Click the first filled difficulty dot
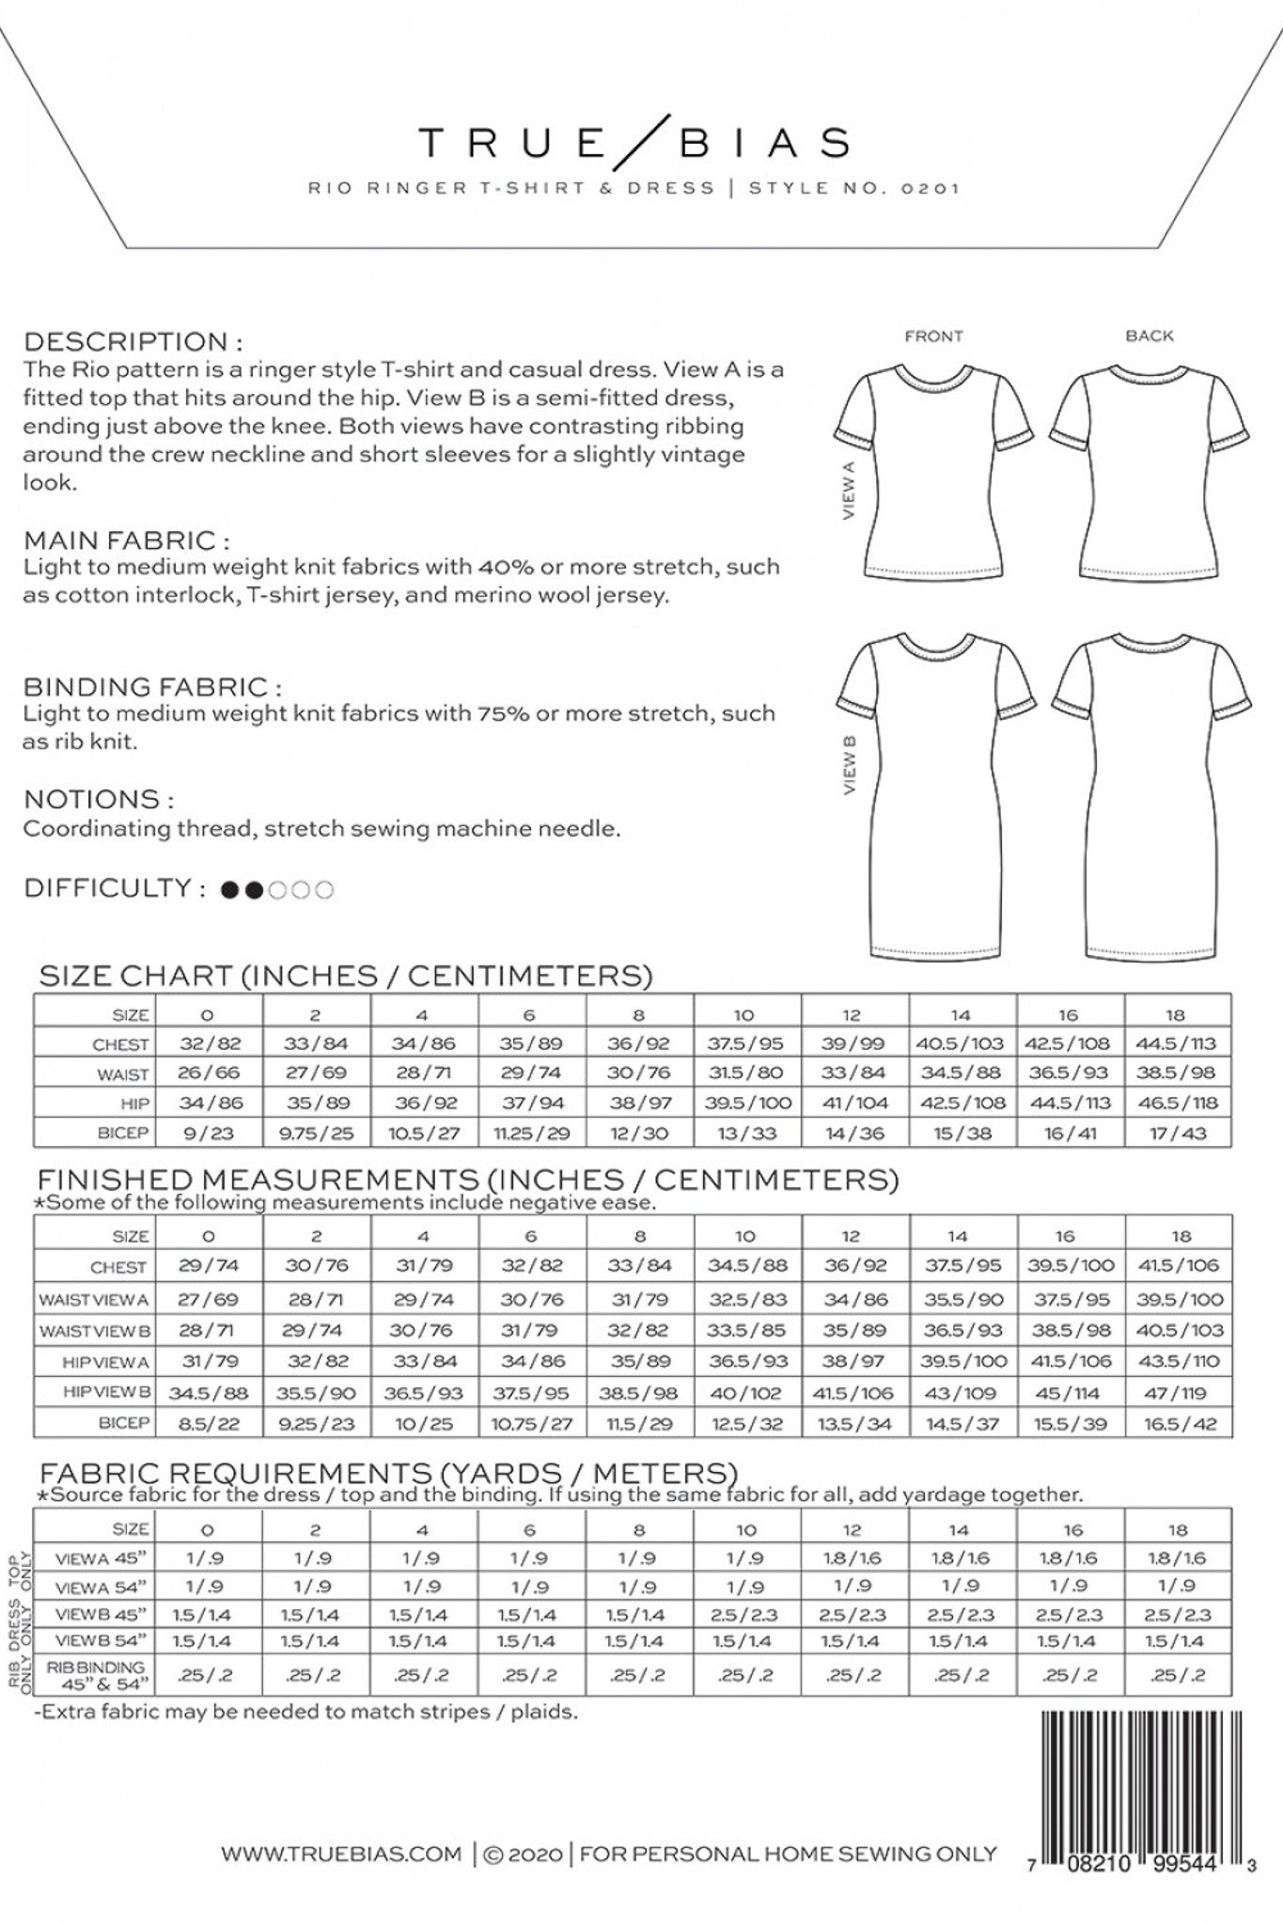click(x=228, y=889)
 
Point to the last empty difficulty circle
click(x=324, y=889)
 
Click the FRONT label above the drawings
click(x=933, y=336)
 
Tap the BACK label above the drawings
click(x=1150, y=336)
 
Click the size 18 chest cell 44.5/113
click(x=1177, y=1043)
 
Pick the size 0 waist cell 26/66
click(x=209, y=1072)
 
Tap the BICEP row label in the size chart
click(x=122, y=1133)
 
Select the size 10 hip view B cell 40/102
click(x=746, y=1393)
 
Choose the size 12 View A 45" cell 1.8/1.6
click(x=853, y=1557)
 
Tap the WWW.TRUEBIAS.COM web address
click(x=341, y=1855)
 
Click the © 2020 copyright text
click(x=524, y=1855)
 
